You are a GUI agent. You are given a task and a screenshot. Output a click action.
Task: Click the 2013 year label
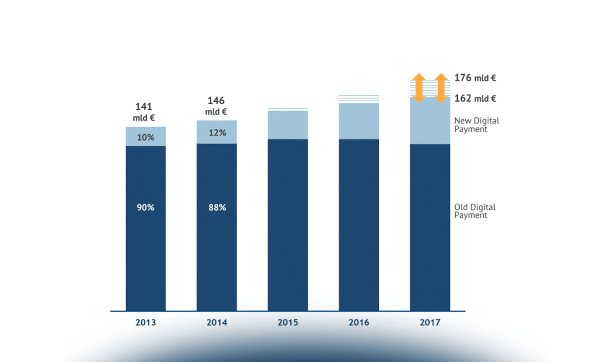(146, 322)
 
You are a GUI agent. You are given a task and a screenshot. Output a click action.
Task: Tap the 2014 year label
(217, 322)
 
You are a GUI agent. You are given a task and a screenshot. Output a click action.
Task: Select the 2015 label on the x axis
(288, 322)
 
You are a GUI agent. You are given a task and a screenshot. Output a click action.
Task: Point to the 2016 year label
(359, 322)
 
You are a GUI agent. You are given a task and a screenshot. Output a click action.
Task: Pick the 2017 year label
(430, 322)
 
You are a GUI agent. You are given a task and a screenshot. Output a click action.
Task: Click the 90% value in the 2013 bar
(146, 208)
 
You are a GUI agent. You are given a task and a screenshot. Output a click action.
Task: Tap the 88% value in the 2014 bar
(217, 208)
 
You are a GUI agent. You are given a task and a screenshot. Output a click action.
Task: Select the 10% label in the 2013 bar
(146, 138)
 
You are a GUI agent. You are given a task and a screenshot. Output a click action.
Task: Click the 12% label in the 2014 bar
(217, 133)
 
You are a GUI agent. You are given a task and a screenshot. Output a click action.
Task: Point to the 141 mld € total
(144, 112)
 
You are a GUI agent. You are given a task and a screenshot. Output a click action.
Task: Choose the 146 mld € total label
(216, 106)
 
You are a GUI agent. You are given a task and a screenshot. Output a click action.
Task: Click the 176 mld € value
(475, 78)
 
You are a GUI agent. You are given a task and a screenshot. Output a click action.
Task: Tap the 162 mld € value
(475, 98)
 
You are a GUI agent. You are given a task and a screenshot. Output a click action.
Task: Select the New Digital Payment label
(476, 125)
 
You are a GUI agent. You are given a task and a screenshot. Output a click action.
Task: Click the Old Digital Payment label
(475, 211)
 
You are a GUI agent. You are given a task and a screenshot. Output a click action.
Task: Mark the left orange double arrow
(419, 88)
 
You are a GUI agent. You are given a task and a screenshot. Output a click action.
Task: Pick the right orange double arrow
(441, 88)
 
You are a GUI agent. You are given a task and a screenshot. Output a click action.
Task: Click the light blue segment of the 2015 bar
(288, 125)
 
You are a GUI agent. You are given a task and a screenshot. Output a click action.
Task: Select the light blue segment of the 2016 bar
(359, 121)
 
